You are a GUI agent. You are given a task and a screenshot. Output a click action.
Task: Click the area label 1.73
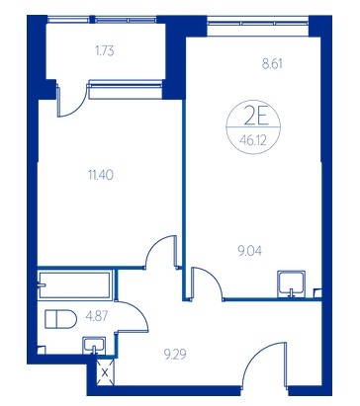tap(105, 51)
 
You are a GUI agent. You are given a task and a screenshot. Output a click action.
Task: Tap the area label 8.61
tap(272, 63)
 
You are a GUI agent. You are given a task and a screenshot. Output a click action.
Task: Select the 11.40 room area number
tap(101, 175)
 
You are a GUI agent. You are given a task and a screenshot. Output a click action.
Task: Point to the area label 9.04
tap(250, 251)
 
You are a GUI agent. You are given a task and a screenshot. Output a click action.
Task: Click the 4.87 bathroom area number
tap(97, 317)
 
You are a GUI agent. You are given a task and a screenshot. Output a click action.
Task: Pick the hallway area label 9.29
tap(175, 355)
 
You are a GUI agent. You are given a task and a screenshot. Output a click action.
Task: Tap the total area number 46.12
tap(253, 141)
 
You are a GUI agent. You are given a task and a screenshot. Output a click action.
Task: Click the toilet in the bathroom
tap(60, 319)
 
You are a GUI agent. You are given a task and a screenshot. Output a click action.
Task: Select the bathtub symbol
tap(75, 284)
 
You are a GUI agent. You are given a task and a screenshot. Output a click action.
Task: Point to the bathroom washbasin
tap(94, 345)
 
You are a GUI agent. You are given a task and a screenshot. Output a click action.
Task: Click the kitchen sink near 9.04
tap(291, 284)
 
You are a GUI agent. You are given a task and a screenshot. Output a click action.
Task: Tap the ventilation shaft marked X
tap(105, 372)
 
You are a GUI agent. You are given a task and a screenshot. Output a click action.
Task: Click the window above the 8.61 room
tap(258, 24)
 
